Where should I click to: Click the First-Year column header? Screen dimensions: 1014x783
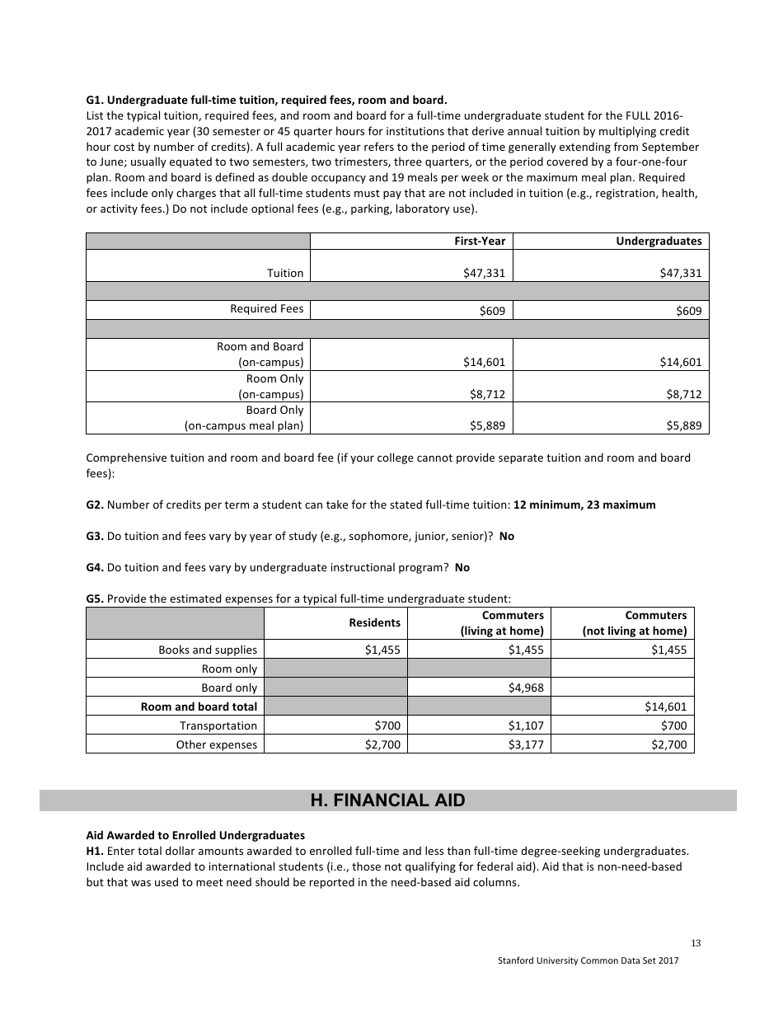point(480,241)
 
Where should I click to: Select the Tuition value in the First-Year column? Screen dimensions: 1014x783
point(484,273)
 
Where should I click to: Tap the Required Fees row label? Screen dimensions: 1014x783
point(266,308)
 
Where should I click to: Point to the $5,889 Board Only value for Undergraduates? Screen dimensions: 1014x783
point(683,425)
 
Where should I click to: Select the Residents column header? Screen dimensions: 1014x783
point(374,622)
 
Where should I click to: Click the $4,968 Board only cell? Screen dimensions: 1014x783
point(526,688)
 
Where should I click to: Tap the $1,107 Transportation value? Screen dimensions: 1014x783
point(526,725)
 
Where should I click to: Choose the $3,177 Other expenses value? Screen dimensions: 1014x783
point(526,744)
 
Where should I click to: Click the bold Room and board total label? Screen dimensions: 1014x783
point(199,707)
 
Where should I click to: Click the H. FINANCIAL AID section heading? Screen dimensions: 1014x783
point(387,800)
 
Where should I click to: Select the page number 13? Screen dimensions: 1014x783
point(696,943)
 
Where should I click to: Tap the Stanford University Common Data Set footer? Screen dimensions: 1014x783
point(588,961)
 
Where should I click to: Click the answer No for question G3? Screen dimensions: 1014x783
point(506,536)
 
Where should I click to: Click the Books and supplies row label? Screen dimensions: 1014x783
point(208,650)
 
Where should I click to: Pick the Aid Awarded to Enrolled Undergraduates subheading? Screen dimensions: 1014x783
point(195,835)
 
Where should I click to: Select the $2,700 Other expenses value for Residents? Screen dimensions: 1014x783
point(382,744)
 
